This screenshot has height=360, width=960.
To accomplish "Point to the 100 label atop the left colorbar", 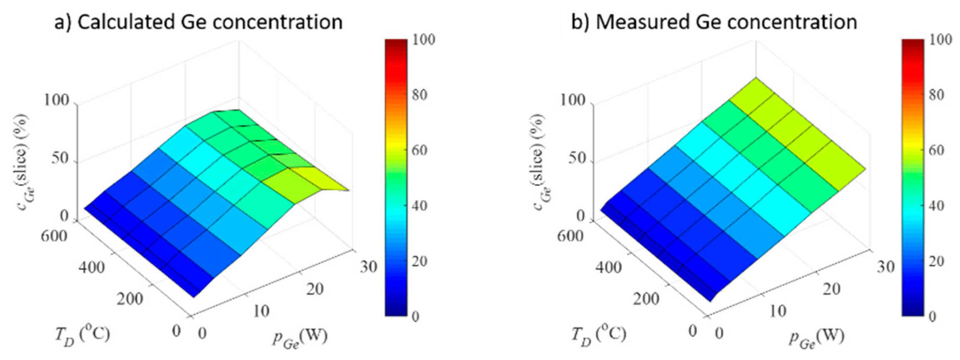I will tap(425, 40).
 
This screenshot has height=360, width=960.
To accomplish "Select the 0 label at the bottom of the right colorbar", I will tap(932, 317).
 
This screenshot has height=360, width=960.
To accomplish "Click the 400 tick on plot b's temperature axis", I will tap(608, 267).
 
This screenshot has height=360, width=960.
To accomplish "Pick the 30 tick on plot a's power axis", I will tap(368, 267).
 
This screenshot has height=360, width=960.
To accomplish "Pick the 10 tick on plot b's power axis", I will tap(777, 311).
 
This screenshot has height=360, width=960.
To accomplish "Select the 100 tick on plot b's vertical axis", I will tap(573, 100).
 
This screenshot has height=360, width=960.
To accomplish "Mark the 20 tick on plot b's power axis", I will tap(832, 289).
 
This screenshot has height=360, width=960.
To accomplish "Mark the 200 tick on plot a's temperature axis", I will tap(130, 299).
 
